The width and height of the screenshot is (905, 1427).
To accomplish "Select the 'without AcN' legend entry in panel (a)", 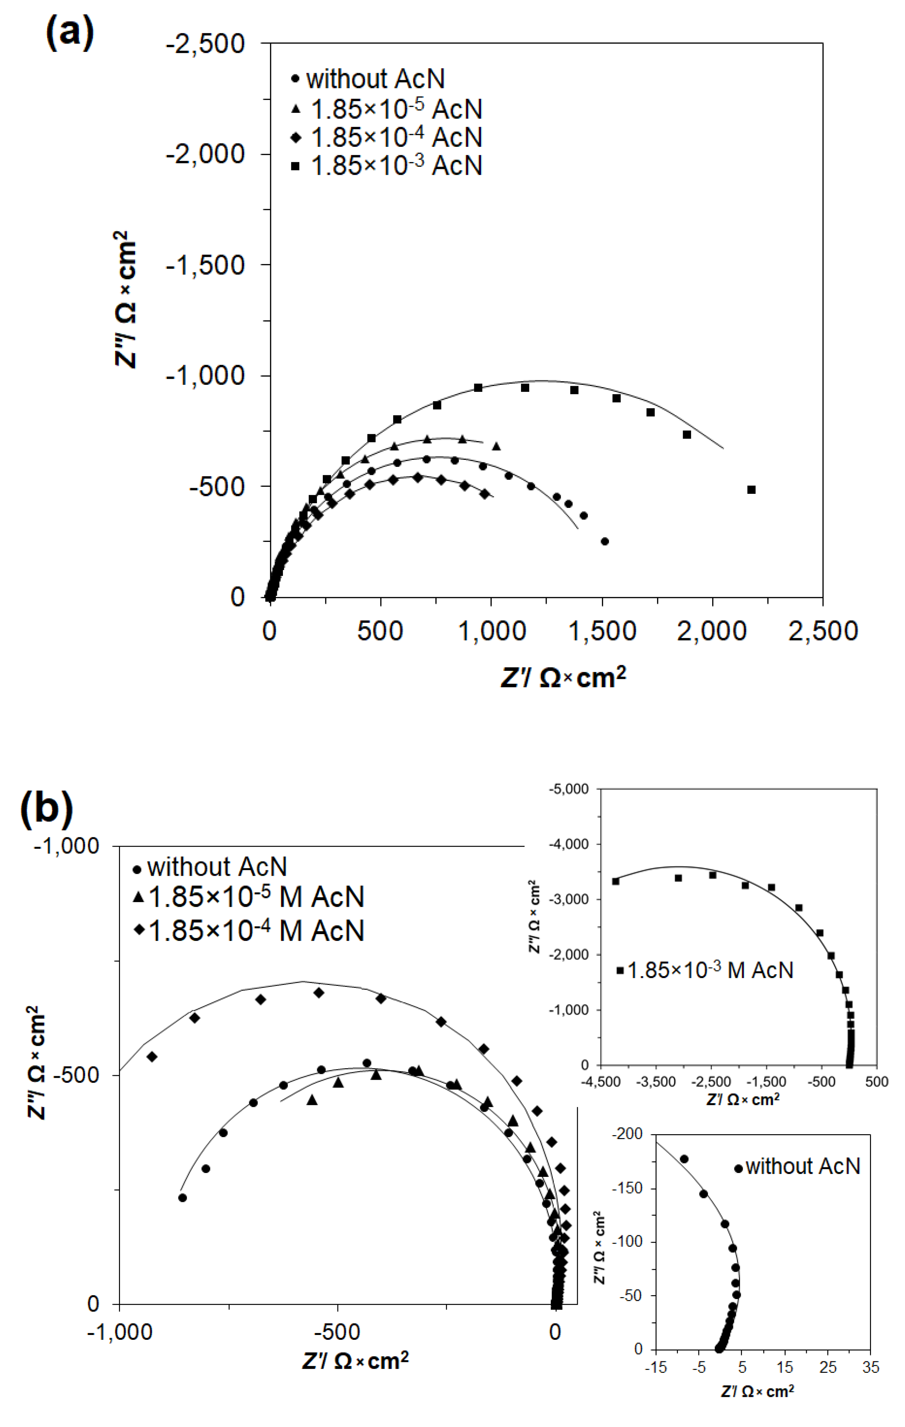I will [375, 79].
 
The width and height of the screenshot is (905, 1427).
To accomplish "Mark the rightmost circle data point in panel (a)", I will [604, 541].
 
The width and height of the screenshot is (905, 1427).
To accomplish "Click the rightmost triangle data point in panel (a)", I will [496, 446].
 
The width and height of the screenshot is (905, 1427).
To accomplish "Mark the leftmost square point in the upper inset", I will [615, 881].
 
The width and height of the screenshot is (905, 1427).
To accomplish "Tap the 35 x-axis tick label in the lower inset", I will [870, 1367].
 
